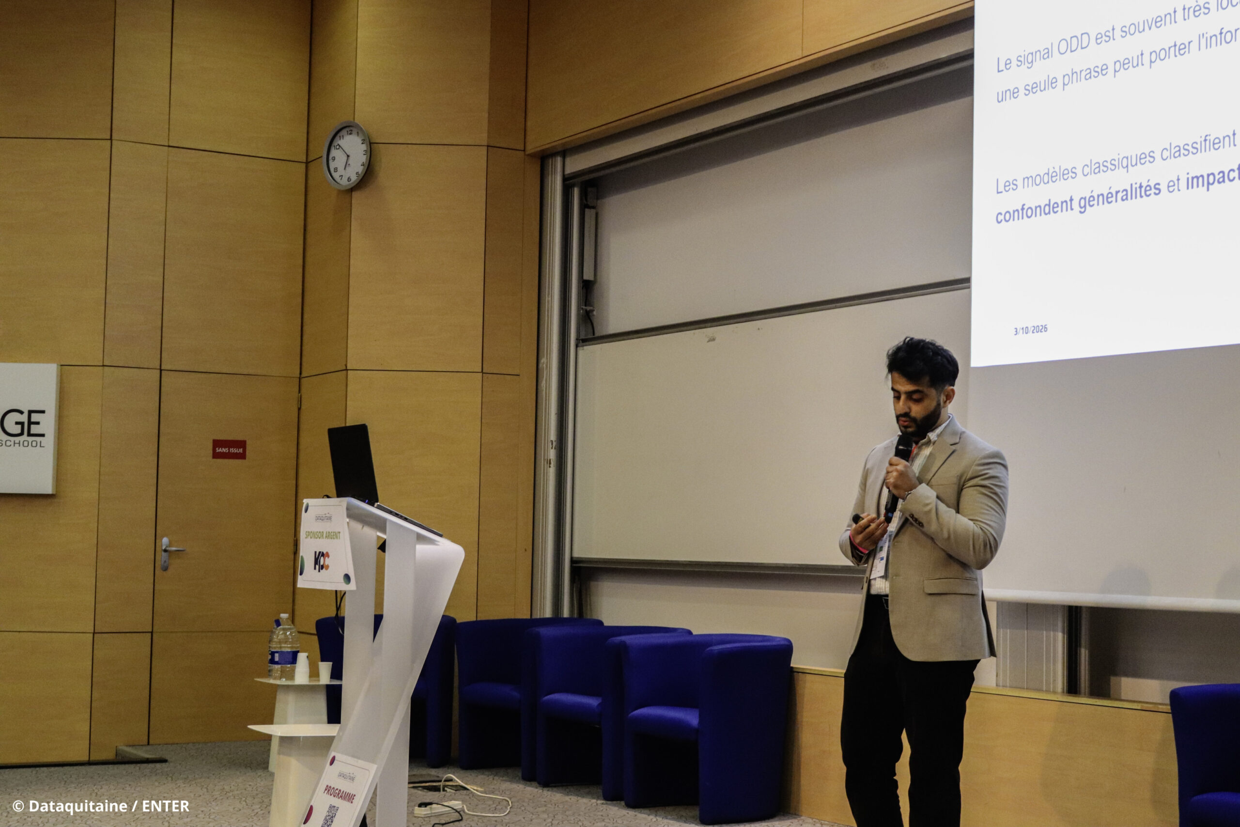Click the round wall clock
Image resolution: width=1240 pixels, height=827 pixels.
(346, 155)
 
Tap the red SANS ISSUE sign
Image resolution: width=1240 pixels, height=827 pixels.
(229, 450)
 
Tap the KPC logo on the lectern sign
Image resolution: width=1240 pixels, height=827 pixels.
(322, 561)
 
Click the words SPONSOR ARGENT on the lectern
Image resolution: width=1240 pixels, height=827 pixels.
(323, 535)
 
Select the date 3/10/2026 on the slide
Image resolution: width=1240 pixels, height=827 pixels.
(1030, 330)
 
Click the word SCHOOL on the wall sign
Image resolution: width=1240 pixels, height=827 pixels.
(23, 444)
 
